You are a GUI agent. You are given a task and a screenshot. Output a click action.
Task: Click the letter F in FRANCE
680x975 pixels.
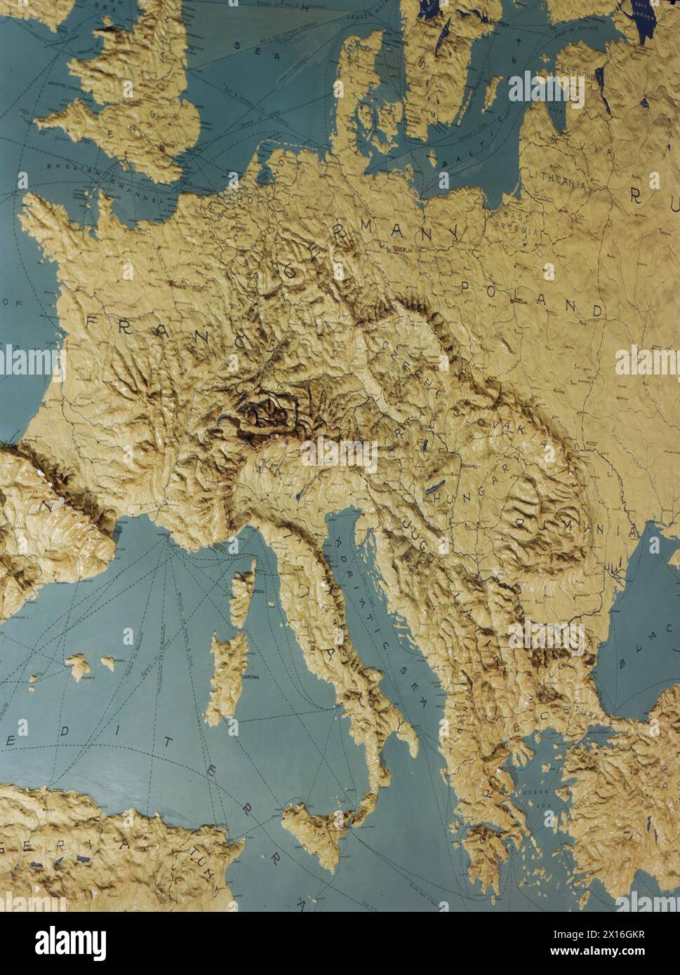[93, 321]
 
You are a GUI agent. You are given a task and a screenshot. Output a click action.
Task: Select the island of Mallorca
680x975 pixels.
[77, 665]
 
